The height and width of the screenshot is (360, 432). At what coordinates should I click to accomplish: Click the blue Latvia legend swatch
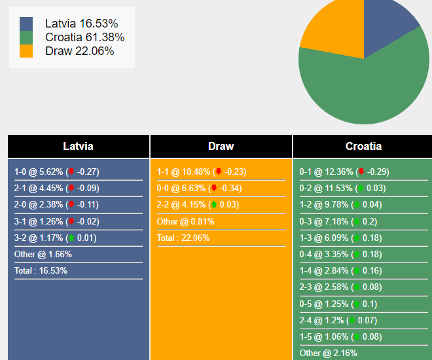(26, 24)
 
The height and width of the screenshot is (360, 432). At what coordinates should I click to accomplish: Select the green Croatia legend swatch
(26, 37)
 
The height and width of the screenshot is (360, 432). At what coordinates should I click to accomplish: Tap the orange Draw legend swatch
(26, 51)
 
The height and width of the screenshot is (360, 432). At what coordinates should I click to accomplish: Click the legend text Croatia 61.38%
(84, 37)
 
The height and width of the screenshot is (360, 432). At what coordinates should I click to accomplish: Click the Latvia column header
(78, 147)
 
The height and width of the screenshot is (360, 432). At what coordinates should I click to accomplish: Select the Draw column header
(221, 147)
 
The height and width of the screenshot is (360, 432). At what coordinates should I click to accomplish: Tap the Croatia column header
(363, 147)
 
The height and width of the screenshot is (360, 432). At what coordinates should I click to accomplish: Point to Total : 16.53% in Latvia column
(41, 271)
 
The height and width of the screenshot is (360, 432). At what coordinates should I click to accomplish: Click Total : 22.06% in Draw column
(183, 238)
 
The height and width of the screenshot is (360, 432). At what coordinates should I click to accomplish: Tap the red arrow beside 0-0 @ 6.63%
(213, 189)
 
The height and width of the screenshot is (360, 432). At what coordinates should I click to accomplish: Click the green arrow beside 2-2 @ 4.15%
(213, 205)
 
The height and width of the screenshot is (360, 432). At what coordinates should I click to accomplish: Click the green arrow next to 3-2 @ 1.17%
(71, 238)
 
